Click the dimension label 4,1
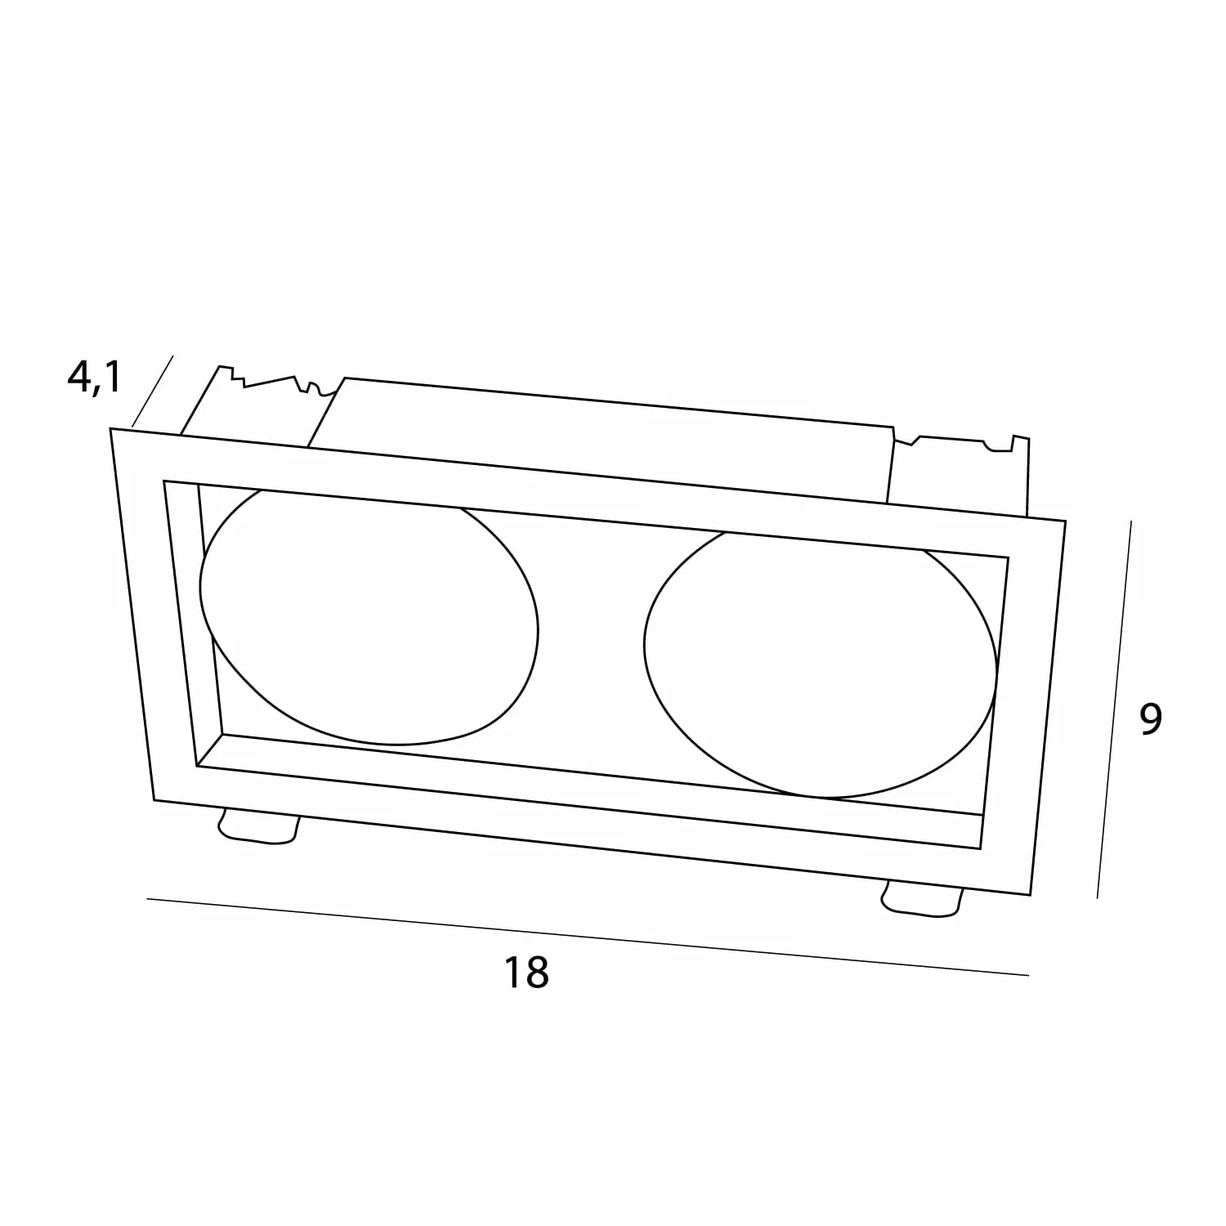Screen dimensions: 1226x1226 click(93, 378)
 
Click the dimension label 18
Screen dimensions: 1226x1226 click(526, 973)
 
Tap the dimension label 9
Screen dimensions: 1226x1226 click(1150, 718)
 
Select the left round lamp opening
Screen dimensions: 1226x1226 click(369, 618)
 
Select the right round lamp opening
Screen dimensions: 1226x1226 click(821, 664)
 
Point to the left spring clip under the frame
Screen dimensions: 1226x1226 click(257, 825)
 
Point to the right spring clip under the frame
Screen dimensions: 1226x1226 click(922, 899)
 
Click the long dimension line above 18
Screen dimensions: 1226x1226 click(588, 937)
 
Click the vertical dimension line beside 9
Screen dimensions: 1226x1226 click(1114, 709)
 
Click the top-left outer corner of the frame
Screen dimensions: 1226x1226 click(111, 428)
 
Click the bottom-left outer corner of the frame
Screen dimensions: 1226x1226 click(154, 800)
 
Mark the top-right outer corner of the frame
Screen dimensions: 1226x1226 click(1066, 521)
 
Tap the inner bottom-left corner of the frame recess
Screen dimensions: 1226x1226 click(197, 766)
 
